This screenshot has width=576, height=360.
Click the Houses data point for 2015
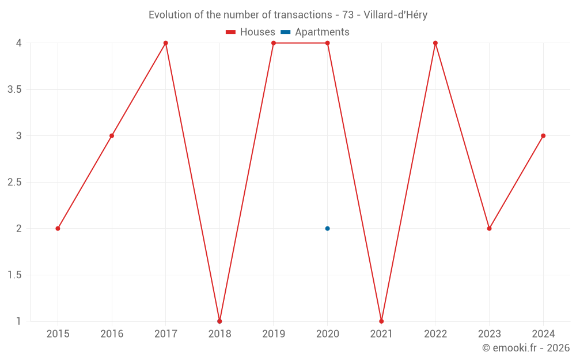coord(58,229)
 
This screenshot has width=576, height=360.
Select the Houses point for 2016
coord(112,136)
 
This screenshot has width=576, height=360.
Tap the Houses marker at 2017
coord(166,43)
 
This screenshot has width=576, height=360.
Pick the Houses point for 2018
coord(219,321)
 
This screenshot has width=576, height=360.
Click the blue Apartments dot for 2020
coord(327,229)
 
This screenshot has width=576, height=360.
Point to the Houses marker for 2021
coord(381,321)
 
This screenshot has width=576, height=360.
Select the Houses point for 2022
coord(435,43)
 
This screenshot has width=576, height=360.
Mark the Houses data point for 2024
coord(543,136)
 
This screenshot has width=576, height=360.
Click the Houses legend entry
coord(251,32)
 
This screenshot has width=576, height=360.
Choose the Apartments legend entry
coord(315,32)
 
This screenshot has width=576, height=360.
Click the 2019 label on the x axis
coord(274,334)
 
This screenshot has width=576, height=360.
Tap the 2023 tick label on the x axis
coord(489,334)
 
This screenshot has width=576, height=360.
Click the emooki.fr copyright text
coord(526,348)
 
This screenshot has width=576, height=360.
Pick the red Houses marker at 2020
coord(327,43)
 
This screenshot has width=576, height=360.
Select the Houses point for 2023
coord(489,229)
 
